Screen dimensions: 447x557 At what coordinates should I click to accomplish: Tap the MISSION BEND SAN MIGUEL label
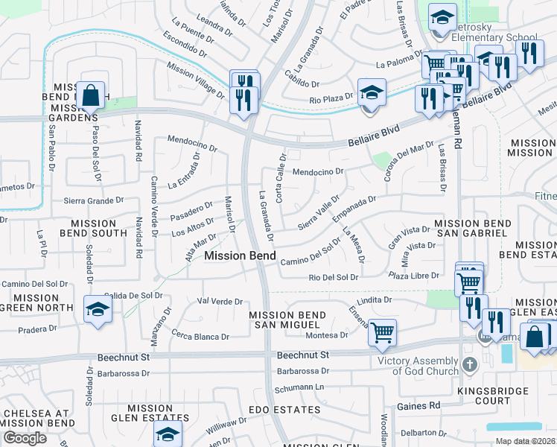(287, 320)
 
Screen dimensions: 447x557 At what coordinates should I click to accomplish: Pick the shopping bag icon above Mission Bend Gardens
(90, 95)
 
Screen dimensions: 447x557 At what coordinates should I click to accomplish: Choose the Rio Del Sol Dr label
(334, 277)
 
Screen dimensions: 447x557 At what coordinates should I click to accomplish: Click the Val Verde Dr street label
(220, 302)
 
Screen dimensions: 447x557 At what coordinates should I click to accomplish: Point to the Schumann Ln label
(301, 387)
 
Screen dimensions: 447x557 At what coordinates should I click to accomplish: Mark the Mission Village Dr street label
(195, 80)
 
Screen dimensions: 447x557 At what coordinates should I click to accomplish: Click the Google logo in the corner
(25, 437)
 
